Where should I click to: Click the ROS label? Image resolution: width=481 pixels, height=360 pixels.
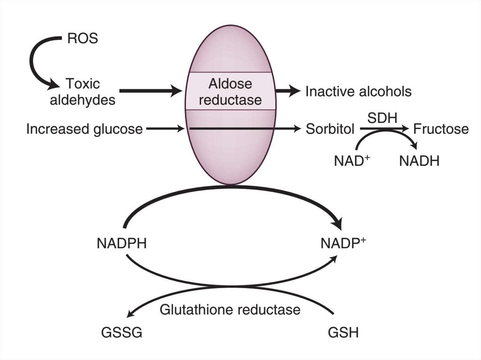point(82,38)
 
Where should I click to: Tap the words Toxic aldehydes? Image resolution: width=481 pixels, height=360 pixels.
point(83,92)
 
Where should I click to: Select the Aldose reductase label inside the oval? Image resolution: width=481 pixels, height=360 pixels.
point(230,92)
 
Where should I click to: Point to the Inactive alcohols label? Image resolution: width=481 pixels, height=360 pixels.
point(358,92)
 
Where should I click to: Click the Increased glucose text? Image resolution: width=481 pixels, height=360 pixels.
point(85,129)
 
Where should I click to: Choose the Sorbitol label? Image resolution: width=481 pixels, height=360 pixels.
point(330,129)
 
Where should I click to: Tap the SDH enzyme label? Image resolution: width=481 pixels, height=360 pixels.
point(379,117)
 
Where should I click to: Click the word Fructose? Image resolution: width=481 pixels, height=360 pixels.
point(441,129)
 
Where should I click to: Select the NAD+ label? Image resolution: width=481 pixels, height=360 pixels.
point(352,161)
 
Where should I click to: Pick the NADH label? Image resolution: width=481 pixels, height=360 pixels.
point(419,161)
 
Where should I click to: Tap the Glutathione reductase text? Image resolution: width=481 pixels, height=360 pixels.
point(230,310)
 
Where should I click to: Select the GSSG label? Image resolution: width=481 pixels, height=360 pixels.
point(122,333)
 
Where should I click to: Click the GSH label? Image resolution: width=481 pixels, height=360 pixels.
point(343,333)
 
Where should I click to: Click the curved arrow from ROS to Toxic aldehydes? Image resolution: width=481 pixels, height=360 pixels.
point(34,63)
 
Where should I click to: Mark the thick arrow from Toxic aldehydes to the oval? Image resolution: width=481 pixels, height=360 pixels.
point(150,91)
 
